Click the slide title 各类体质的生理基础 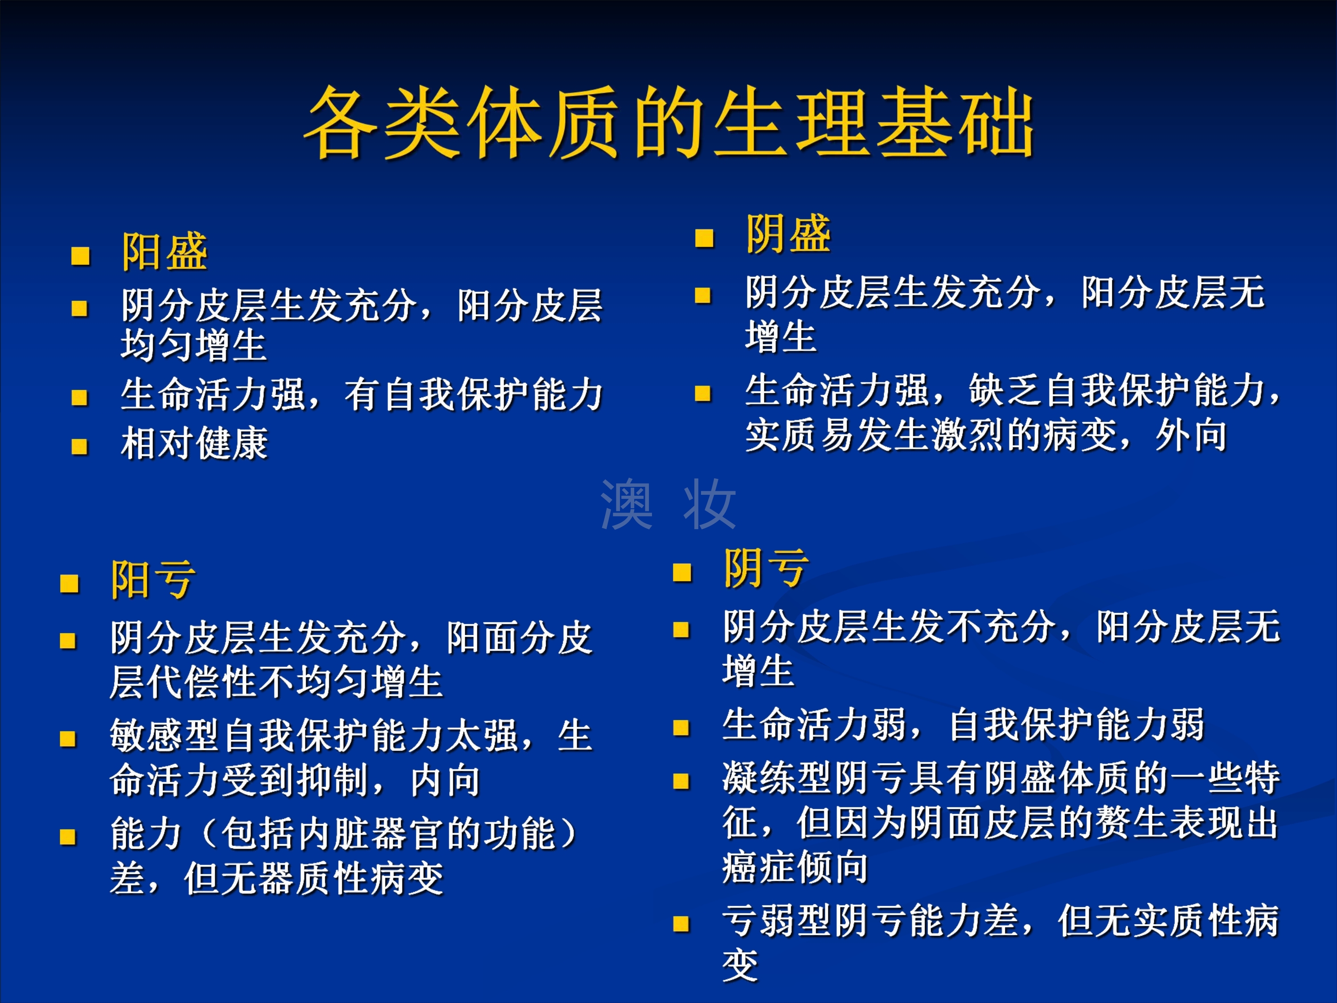tap(669, 122)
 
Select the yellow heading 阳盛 tap(164, 251)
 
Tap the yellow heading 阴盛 tap(788, 234)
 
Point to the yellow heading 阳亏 tap(153, 579)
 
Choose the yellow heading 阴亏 tap(767, 568)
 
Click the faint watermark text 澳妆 tap(668, 504)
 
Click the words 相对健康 tap(195, 443)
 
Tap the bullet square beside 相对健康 tap(80, 447)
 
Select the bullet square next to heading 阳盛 tap(80, 256)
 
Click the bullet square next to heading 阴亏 tap(682, 572)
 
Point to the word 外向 tap(1191, 435)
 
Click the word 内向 tap(446, 781)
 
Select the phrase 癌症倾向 tap(796, 867)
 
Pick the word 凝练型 tap(778, 777)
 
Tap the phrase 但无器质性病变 tap(314, 879)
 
